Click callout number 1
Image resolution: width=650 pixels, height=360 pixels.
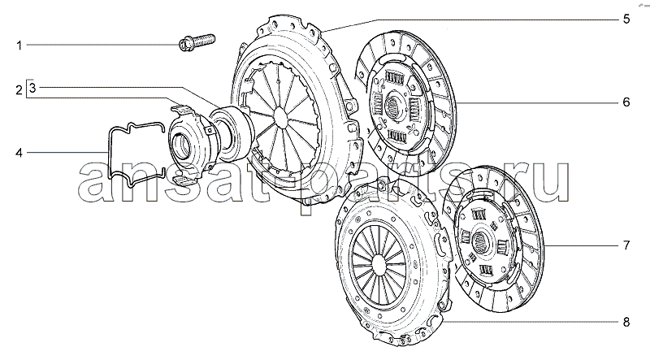(19, 46)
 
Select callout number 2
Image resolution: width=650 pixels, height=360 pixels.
(19, 89)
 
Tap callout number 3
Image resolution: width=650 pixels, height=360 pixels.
(33, 88)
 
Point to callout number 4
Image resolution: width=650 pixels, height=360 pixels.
(19, 153)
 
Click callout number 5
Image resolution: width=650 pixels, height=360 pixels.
(626, 19)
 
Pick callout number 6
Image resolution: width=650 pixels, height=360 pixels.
(626, 102)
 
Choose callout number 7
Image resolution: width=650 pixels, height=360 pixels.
(626, 245)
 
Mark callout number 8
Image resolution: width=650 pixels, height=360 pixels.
(626, 322)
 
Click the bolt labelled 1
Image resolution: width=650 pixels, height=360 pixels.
(197, 42)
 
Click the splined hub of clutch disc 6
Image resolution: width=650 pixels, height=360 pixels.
(394, 107)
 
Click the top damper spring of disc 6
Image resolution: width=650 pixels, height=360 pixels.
(394, 78)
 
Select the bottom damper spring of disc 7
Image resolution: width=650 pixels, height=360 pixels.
(486, 271)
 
